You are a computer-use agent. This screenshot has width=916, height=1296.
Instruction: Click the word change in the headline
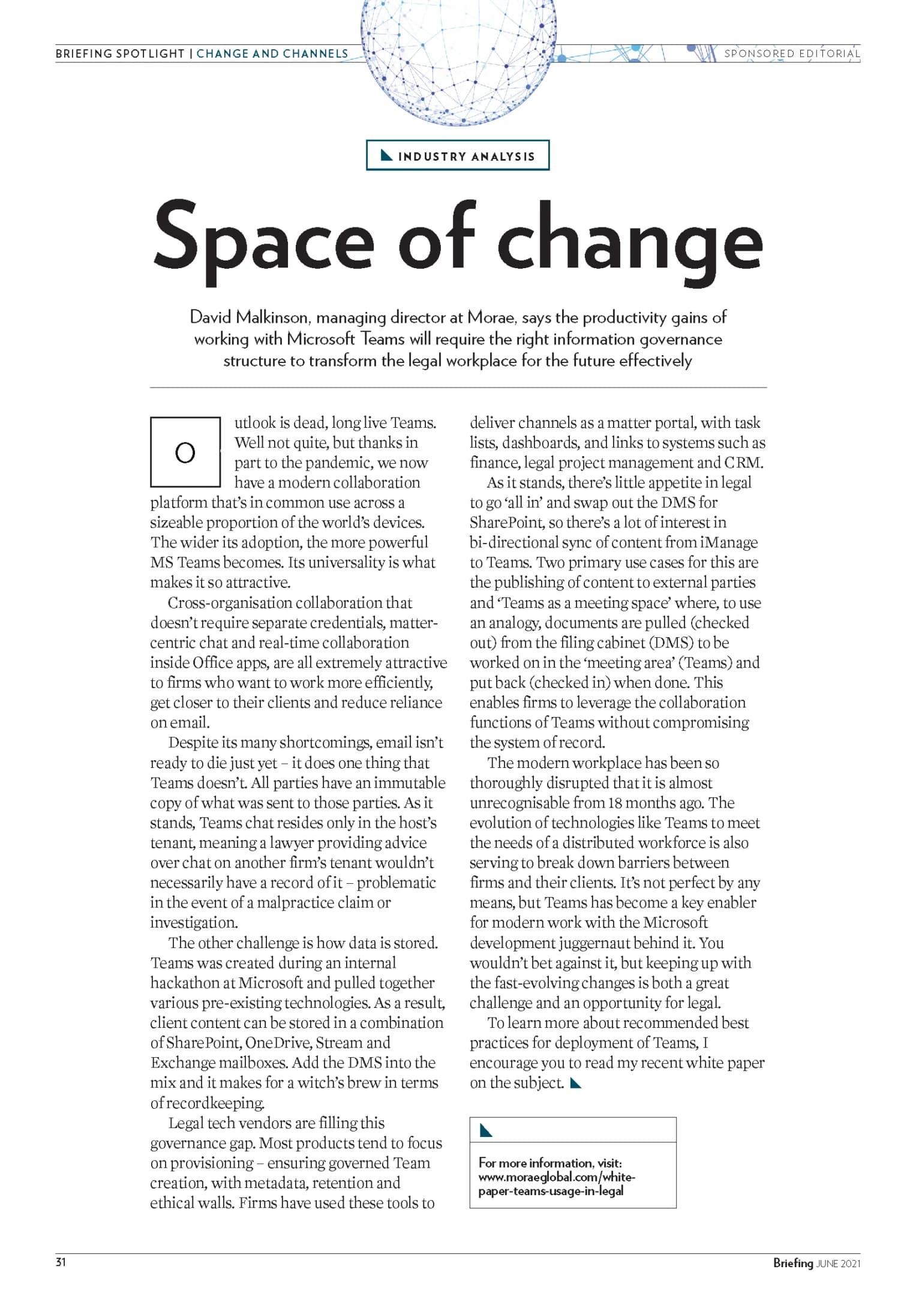pos(629,243)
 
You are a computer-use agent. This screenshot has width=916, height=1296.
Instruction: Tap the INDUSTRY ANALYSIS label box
pos(458,156)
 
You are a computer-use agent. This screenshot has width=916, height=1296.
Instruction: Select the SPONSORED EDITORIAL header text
pos(792,53)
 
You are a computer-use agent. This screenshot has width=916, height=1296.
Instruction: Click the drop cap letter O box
pos(185,452)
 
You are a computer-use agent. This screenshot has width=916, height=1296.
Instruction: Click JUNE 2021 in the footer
pos(838,1264)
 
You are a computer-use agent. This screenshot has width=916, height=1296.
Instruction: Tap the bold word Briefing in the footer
pos(792,1263)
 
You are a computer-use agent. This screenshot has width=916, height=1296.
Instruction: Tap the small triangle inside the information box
pos(486,1130)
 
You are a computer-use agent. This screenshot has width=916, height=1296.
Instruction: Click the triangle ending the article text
pos(576,1083)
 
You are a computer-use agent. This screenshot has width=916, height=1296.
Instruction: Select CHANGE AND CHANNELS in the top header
pos(272,53)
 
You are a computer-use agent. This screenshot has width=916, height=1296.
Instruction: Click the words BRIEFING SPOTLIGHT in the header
pos(120,53)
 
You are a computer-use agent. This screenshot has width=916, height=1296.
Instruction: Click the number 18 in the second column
pos(615,803)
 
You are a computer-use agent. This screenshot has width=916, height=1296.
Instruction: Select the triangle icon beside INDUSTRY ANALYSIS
pos(387,155)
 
